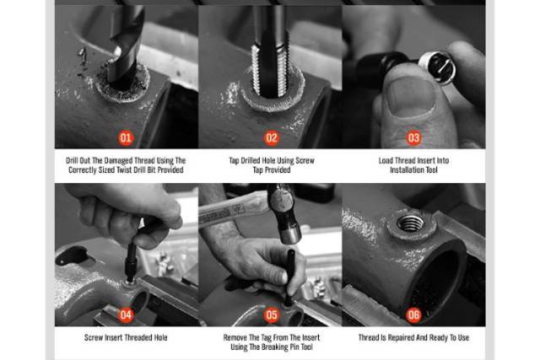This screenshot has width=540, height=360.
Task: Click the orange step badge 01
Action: point(126,138)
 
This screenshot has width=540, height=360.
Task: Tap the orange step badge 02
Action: point(272,138)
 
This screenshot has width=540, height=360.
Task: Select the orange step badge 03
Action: point(413,138)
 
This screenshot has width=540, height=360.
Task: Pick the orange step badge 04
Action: point(126,315)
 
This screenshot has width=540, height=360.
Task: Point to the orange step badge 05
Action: point(272,315)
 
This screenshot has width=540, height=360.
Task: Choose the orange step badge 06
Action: point(413,315)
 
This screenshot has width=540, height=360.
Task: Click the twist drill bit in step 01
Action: point(125,48)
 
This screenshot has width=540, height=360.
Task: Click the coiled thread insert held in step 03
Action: point(436,67)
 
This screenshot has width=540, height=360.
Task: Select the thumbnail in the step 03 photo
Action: point(410,96)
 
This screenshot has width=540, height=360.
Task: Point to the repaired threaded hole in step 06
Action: point(411,223)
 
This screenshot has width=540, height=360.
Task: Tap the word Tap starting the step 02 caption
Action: point(235,160)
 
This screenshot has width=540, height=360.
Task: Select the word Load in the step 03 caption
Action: point(386,160)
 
